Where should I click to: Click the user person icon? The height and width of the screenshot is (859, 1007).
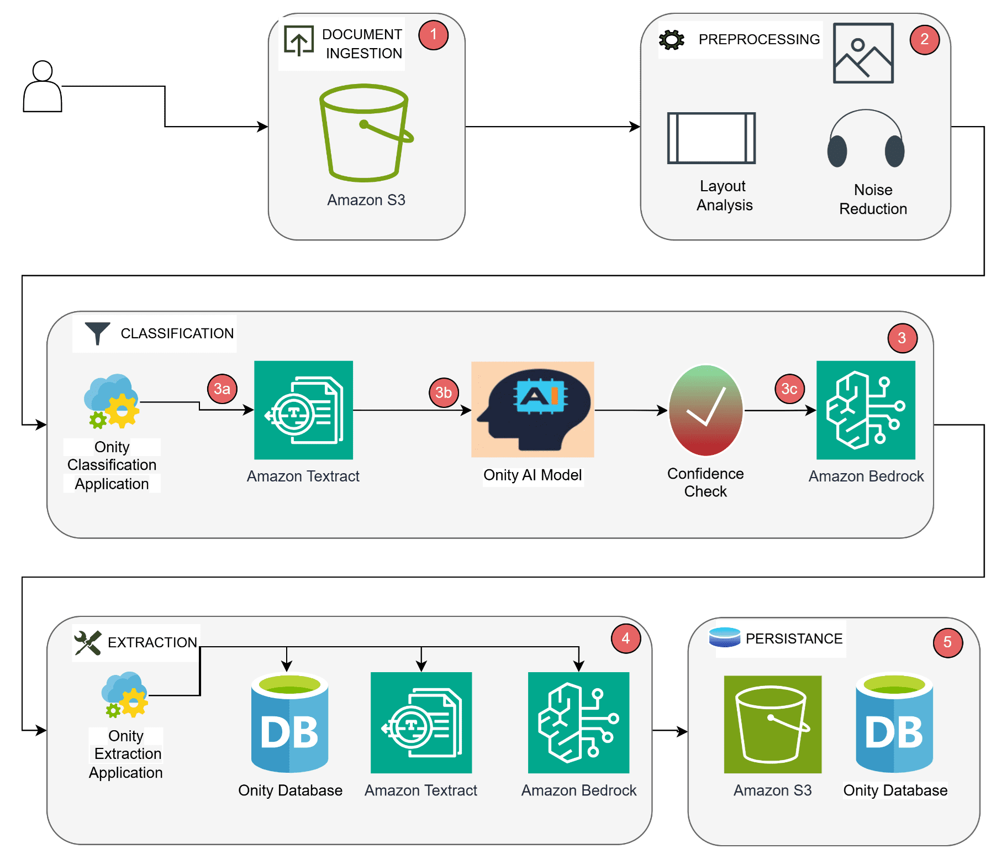pos(43,87)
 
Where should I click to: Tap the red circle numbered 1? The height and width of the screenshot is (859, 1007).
pos(433,35)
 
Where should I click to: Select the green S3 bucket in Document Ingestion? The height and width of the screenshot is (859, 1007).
pos(365,133)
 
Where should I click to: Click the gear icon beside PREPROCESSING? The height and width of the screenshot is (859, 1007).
pos(671,40)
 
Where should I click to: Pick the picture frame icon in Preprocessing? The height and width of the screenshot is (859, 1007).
pos(863,53)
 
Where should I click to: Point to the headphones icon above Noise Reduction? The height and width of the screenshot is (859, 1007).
pos(866,139)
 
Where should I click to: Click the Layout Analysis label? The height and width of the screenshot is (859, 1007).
pos(724,196)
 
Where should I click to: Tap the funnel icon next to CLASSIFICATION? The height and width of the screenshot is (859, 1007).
pos(97,333)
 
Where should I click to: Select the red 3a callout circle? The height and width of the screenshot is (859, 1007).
pos(222,389)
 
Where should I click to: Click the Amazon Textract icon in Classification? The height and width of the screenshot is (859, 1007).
pos(303,410)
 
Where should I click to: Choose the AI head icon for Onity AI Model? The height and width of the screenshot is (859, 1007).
pos(533,410)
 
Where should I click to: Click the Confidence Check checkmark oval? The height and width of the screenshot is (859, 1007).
pos(705,411)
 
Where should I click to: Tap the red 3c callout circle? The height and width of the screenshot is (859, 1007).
pos(789,389)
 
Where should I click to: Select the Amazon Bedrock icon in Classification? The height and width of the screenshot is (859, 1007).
pos(866,410)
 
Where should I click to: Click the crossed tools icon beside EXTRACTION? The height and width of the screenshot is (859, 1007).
pos(88,643)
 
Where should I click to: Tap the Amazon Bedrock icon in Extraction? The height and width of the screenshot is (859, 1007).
pos(578,722)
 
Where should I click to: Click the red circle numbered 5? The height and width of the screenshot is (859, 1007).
pos(947,642)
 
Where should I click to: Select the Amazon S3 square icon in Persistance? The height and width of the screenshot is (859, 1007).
pos(772,724)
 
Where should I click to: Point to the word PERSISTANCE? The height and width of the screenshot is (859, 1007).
pos(794,639)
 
